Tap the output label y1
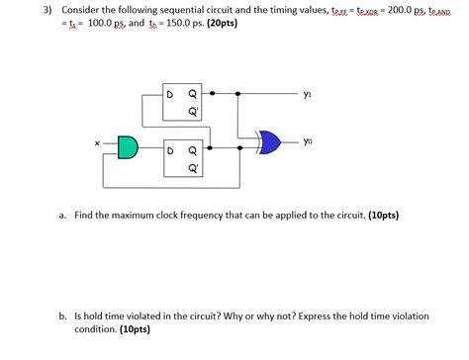point(308,96)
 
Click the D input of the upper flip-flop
point(171,96)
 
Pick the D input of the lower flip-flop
point(171,151)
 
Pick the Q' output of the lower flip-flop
point(194,168)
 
